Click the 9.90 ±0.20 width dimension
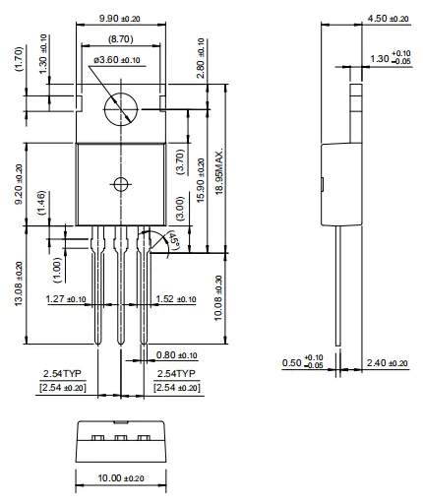120,19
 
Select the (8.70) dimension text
121,39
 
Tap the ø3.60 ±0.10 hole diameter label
117,60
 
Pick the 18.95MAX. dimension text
219,171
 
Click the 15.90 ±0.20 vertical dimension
201,180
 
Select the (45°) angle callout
174,241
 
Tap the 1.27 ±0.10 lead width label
66,299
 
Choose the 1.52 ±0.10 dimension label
176,299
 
